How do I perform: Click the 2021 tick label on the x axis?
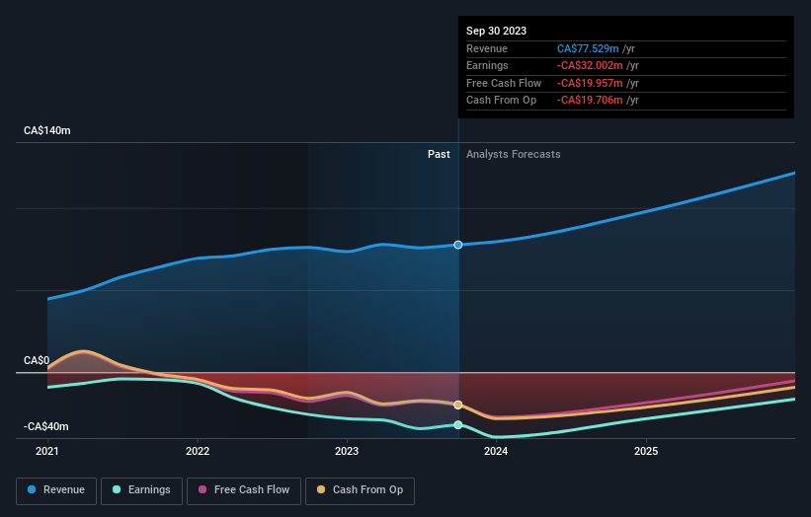tap(47, 451)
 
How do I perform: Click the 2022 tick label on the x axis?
tap(198, 451)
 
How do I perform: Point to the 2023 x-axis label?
tap(347, 451)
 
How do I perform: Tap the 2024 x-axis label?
tap(496, 451)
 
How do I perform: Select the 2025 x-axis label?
tap(646, 451)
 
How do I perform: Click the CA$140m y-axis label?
tap(47, 130)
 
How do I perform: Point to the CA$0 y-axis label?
tap(37, 361)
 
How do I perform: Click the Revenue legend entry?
tap(56, 489)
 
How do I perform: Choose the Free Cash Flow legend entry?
tap(245, 489)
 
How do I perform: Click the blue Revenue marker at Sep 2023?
tap(458, 245)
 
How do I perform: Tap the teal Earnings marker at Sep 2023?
tap(458, 425)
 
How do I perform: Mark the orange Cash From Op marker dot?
tap(458, 405)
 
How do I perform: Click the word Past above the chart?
tap(439, 154)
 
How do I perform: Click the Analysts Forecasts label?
tap(513, 154)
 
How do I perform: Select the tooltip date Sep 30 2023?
tap(495, 31)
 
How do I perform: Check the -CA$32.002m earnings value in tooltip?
tap(592, 65)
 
